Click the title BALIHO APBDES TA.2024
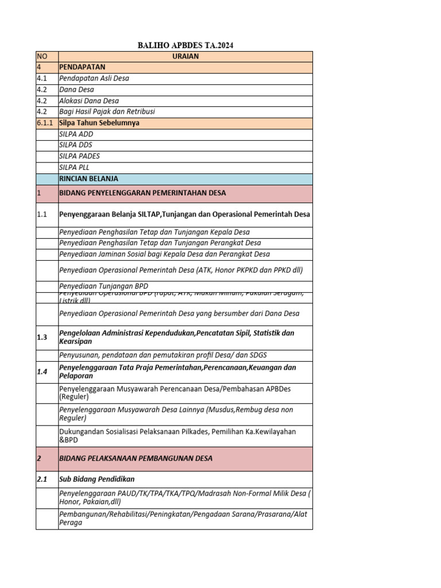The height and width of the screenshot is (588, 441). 185,45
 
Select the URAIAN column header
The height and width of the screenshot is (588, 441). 185,56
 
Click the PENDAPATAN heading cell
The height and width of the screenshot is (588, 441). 82,67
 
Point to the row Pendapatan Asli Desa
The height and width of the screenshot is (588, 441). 94,79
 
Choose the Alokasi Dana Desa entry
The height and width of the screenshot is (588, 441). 89,100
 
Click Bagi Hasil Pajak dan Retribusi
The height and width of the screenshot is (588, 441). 107,112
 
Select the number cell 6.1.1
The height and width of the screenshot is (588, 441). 46,123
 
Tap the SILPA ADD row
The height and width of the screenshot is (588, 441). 76,134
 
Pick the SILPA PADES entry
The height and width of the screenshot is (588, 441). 79,156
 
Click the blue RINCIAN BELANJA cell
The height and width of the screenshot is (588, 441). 88,179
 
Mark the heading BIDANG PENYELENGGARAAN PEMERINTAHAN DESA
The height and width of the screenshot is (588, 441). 142,193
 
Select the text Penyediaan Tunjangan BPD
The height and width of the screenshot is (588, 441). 103,286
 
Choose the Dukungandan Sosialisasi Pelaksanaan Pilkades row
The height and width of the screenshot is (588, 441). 177,436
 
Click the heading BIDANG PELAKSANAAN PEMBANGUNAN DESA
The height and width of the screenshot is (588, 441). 136,458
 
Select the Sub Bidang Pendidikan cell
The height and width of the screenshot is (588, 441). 97,479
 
